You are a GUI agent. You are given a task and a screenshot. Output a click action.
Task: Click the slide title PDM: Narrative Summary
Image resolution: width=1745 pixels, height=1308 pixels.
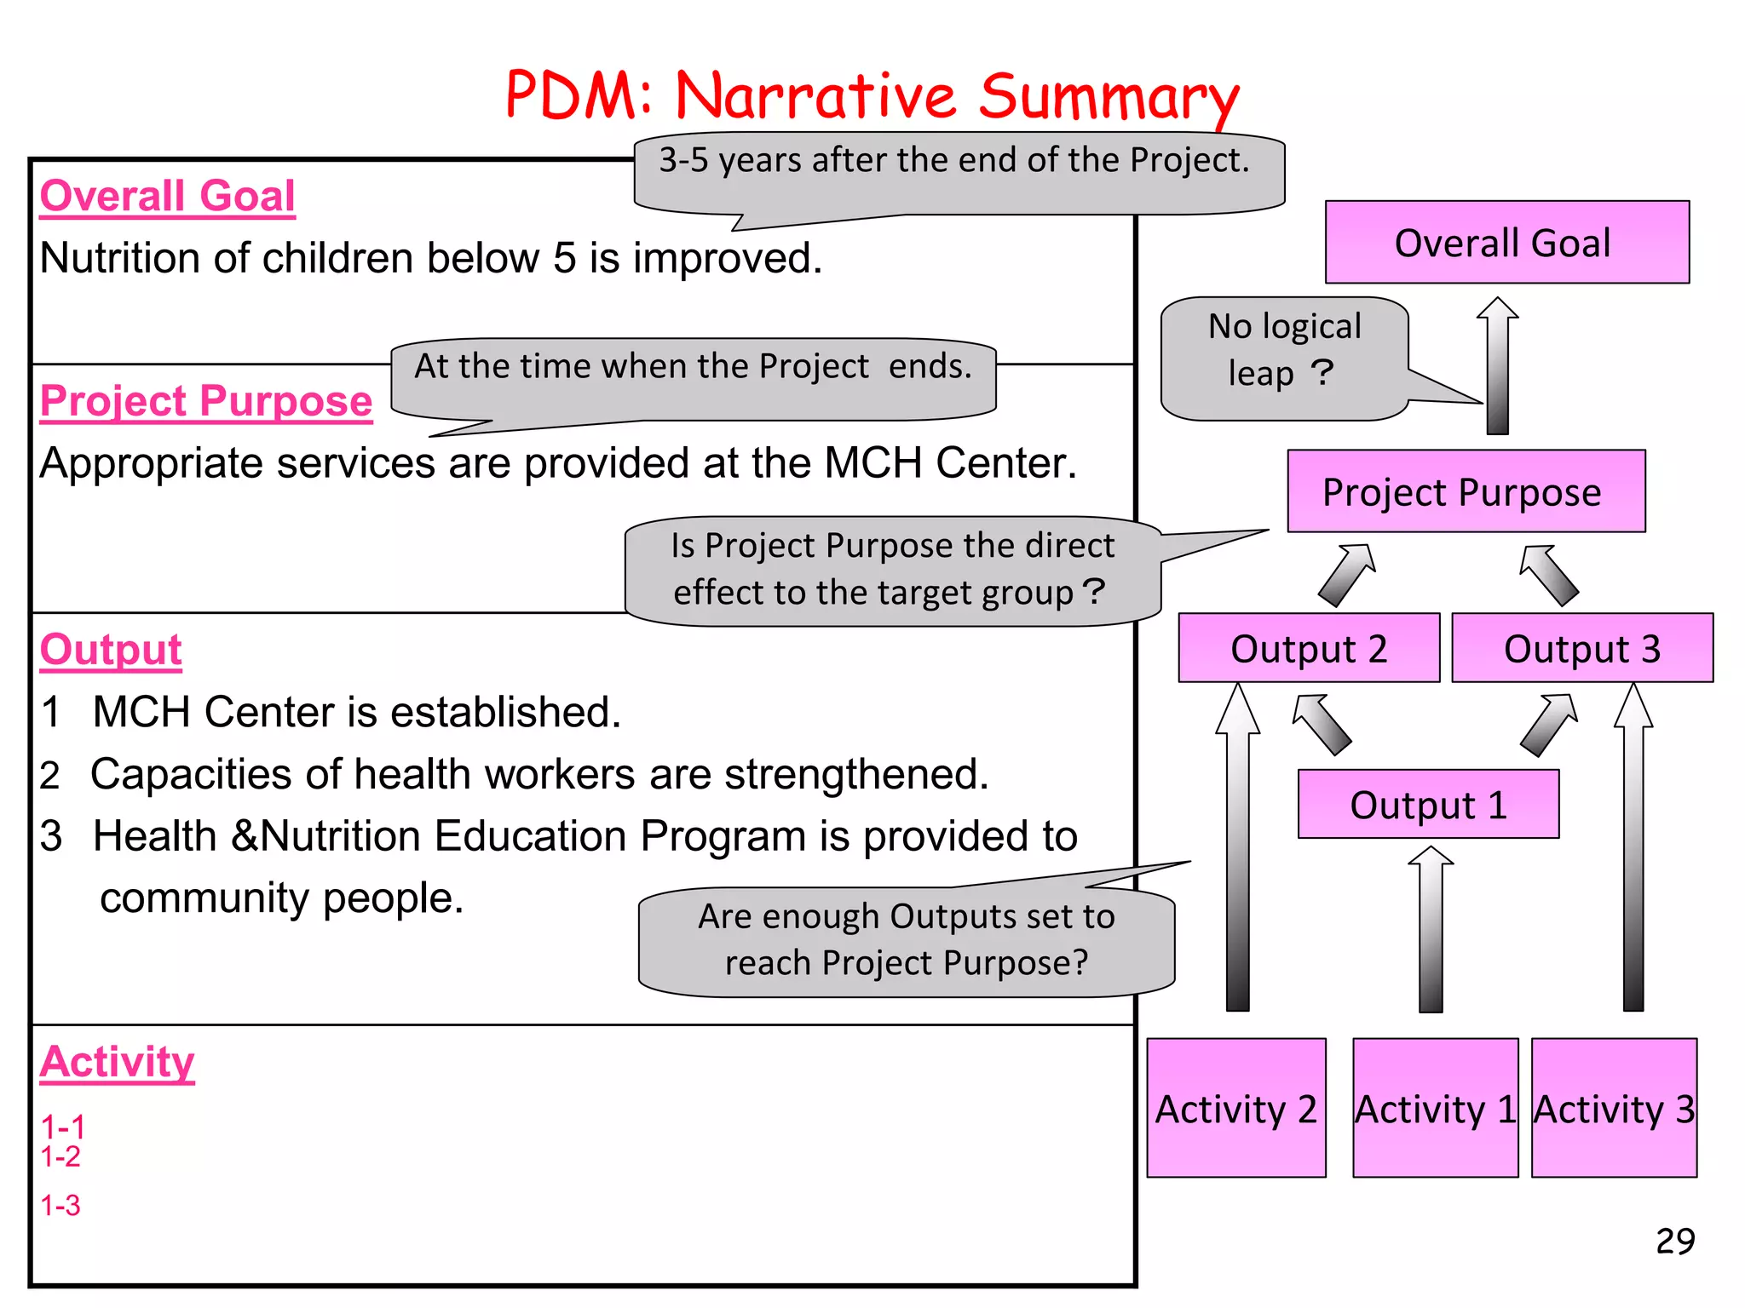coord(871,95)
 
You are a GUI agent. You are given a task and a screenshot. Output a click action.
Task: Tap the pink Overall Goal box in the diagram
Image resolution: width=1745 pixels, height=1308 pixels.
coord(1506,243)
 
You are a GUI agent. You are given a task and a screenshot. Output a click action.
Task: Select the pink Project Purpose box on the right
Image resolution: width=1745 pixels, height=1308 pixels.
coord(1466,491)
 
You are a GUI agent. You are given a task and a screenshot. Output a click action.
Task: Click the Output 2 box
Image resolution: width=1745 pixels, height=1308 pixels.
coord(1309,648)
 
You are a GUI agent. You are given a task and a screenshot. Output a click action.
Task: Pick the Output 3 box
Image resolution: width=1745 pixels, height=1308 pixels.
coord(1582,648)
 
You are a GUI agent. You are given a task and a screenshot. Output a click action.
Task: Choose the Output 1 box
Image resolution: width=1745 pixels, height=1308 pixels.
coord(1428,805)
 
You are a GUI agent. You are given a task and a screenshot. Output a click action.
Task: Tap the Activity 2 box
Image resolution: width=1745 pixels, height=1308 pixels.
coord(1235,1108)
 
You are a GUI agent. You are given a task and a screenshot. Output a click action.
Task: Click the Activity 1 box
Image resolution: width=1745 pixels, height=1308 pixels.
coord(1435,1108)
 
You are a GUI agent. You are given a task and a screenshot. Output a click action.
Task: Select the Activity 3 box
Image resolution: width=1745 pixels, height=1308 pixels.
coord(1614,1108)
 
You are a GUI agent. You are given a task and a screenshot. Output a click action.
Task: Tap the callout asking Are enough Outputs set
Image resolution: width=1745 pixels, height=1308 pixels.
coord(907,940)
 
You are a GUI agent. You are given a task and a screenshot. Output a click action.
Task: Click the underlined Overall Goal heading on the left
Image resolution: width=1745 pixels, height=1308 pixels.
coord(167,196)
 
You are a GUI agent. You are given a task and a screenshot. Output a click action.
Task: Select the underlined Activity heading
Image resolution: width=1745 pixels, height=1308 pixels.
coord(118,1062)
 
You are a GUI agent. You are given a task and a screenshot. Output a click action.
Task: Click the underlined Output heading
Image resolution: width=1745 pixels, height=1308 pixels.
coord(111,650)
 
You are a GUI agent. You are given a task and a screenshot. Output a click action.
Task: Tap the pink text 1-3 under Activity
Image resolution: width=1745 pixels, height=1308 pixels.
coord(60,1206)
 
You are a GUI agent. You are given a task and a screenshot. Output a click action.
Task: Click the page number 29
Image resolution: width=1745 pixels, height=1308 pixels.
coord(1674,1242)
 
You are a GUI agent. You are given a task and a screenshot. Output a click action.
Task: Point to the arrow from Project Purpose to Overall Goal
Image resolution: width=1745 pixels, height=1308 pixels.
coord(1497,366)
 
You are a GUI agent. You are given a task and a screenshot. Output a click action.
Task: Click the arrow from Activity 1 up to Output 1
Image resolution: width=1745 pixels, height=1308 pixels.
coord(1431,928)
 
